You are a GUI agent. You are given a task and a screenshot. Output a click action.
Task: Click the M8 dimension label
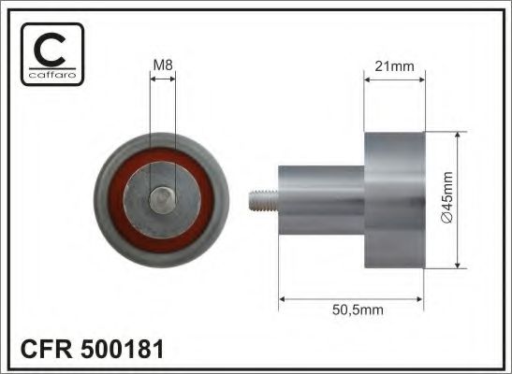pyautogui.click(x=162, y=64)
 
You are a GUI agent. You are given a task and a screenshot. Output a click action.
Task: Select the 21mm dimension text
pyautogui.click(x=393, y=65)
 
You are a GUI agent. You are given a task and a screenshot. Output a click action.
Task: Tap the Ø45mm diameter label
pyautogui.click(x=446, y=200)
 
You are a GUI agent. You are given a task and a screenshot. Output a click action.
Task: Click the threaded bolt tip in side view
pyautogui.click(x=262, y=200)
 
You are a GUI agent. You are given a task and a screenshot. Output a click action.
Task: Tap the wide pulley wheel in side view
pyautogui.click(x=393, y=199)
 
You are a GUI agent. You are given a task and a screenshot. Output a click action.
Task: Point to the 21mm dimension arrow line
pyautogui.click(x=393, y=79)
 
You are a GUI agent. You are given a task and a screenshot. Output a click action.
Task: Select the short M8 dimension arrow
pyautogui.click(x=162, y=79)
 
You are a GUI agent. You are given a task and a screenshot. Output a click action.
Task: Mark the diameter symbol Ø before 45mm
pyautogui.click(x=446, y=218)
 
